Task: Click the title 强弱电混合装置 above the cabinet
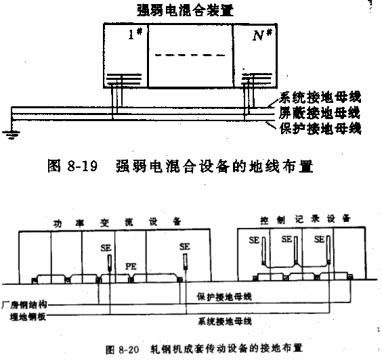(x=186, y=11)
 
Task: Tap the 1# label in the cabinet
(x=135, y=34)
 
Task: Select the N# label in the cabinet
(x=262, y=35)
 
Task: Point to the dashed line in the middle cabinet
(x=190, y=55)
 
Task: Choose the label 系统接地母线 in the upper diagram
(x=320, y=97)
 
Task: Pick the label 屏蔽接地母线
(x=320, y=113)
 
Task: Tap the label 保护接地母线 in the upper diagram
(x=320, y=129)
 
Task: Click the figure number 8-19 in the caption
(x=83, y=166)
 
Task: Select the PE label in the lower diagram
(x=131, y=267)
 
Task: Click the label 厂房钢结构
(x=24, y=305)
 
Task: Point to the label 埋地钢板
(x=28, y=317)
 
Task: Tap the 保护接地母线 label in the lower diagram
(x=224, y=296)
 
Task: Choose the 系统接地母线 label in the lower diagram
(x=225, y=321)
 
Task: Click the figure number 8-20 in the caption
(x=129, y=350)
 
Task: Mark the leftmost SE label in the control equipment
(x=254, y=240)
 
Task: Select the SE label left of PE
(x=106, y=248)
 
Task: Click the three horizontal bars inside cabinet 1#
(x=124, y=79)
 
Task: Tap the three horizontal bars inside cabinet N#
(x=257, y=78)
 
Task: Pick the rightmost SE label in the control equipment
(x=320, y=240)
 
